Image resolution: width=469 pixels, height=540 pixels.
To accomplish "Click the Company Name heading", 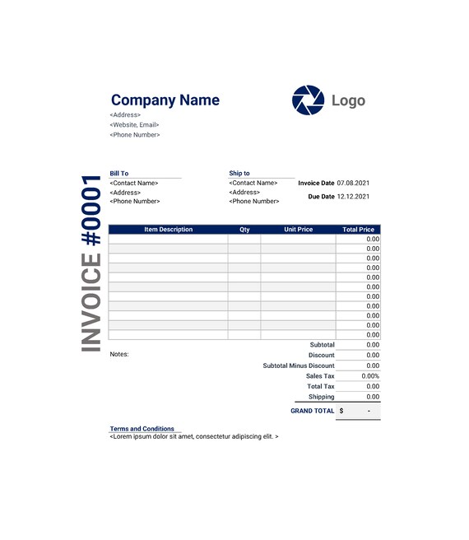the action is pyautogui.click(x=165, y=100).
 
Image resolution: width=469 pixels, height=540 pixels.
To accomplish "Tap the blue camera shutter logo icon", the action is pyautogui.click(x=308, y=100).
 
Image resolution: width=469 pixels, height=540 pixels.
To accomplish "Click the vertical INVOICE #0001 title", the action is pyautogui.click(x=92, y=263).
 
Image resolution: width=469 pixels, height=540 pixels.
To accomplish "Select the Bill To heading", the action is pyautogui.click(x=119, y=174).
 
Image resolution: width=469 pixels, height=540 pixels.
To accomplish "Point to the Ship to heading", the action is pyautogui.click(x=239, y=174).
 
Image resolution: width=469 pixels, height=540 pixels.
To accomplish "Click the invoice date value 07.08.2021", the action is pyautogui.click(x=354, y=183).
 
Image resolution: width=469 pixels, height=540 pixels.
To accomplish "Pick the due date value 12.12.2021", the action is pyautogui.click(x=354, y=197).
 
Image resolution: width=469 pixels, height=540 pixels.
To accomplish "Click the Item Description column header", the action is pyautogui.click(x=168, y=230).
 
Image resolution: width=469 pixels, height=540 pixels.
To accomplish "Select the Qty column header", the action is pyautogui.click(x=244, y=230).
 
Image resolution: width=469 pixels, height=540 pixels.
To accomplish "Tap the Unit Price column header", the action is pyautogui.click(x=299, y=230).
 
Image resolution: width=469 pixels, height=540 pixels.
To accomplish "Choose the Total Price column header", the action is pyautogui.click(x=359, y=230).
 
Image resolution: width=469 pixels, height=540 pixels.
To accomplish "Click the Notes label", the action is pyautogui.click(x=119, y=354).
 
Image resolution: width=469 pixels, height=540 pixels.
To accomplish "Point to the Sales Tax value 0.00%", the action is pyautogui.click(x=370, y=376).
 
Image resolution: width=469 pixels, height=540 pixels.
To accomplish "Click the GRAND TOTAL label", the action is pyautogui.click(x=313, y=411).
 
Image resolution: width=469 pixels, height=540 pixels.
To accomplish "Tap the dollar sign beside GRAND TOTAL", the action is pyautogui.click(x=341, y=411).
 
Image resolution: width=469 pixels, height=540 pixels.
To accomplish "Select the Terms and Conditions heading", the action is pyautogui.click(x=142, y=429).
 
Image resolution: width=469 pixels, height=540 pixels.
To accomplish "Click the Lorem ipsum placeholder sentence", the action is pyautogui.click(x=194, y=436).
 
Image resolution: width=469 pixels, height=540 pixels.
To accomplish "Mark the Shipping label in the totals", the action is pyautogui.click(x=322, y=397).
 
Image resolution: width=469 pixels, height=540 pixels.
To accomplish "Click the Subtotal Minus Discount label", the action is pyautogui.click(x=299, y=365).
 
